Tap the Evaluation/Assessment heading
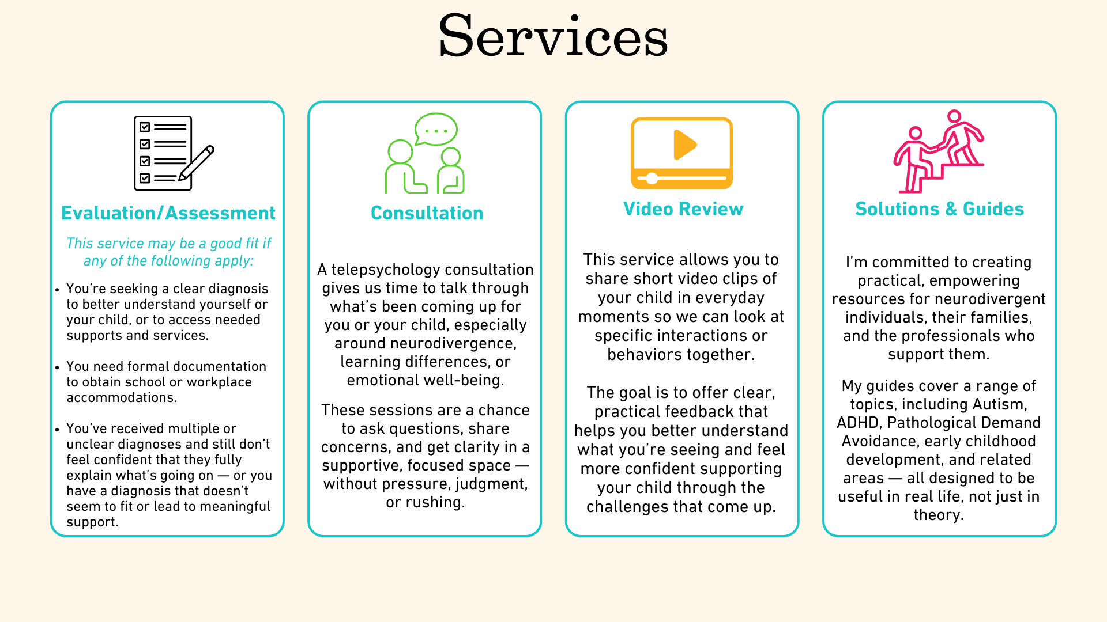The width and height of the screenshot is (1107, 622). (168, 213)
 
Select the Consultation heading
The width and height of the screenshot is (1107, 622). (427, 213)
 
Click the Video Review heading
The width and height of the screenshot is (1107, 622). (683, 209)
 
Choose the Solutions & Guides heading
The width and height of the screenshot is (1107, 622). (939, 209)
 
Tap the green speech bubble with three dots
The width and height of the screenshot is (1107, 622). (436, 130)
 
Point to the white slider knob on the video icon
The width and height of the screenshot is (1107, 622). (652, 179)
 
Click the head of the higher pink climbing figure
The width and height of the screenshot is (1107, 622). (954, 117)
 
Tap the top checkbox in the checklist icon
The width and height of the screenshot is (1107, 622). (145, 127)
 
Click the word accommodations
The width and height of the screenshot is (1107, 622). (121, 397)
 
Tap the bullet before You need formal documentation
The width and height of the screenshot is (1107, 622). (57, 367)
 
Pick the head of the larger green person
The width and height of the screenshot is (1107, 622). (400, 152)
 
